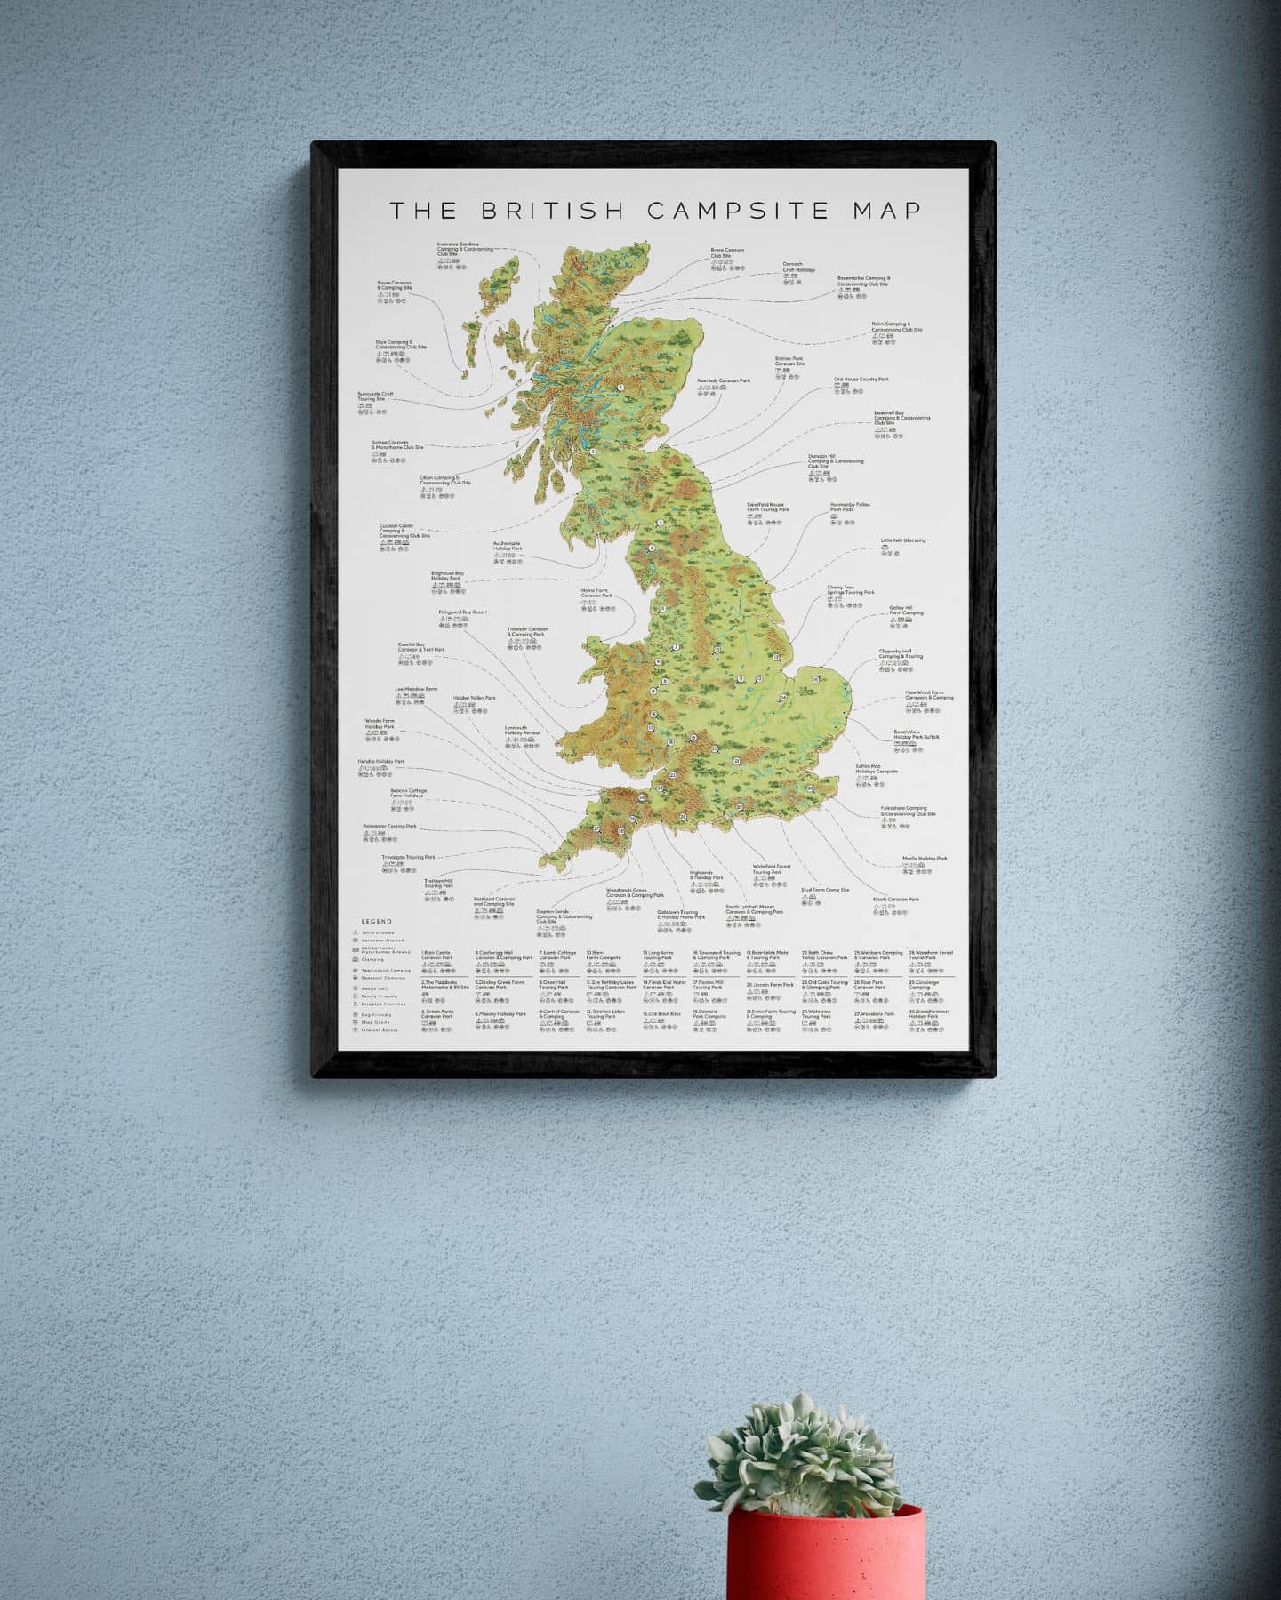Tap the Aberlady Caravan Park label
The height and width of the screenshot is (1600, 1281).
724,380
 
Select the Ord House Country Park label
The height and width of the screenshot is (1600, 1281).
861,380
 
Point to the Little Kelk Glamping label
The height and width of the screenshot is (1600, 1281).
902,540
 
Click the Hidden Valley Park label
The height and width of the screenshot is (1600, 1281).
474,698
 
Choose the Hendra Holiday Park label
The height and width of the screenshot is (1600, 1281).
380,762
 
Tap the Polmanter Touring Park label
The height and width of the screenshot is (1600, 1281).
389,826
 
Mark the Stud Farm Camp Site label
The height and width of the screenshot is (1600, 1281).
825,889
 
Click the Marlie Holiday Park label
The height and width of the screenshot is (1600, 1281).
925,859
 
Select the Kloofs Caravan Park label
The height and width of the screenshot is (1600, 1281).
895,900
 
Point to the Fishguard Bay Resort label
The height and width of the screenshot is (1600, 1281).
462,612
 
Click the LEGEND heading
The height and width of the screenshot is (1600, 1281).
376,922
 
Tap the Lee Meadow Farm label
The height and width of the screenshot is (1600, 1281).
416,689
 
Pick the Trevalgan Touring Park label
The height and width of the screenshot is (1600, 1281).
408,858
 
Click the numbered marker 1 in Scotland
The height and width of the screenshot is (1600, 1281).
620,388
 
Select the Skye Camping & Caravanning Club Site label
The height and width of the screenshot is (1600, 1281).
400,344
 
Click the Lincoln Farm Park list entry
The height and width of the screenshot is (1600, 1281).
770,985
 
